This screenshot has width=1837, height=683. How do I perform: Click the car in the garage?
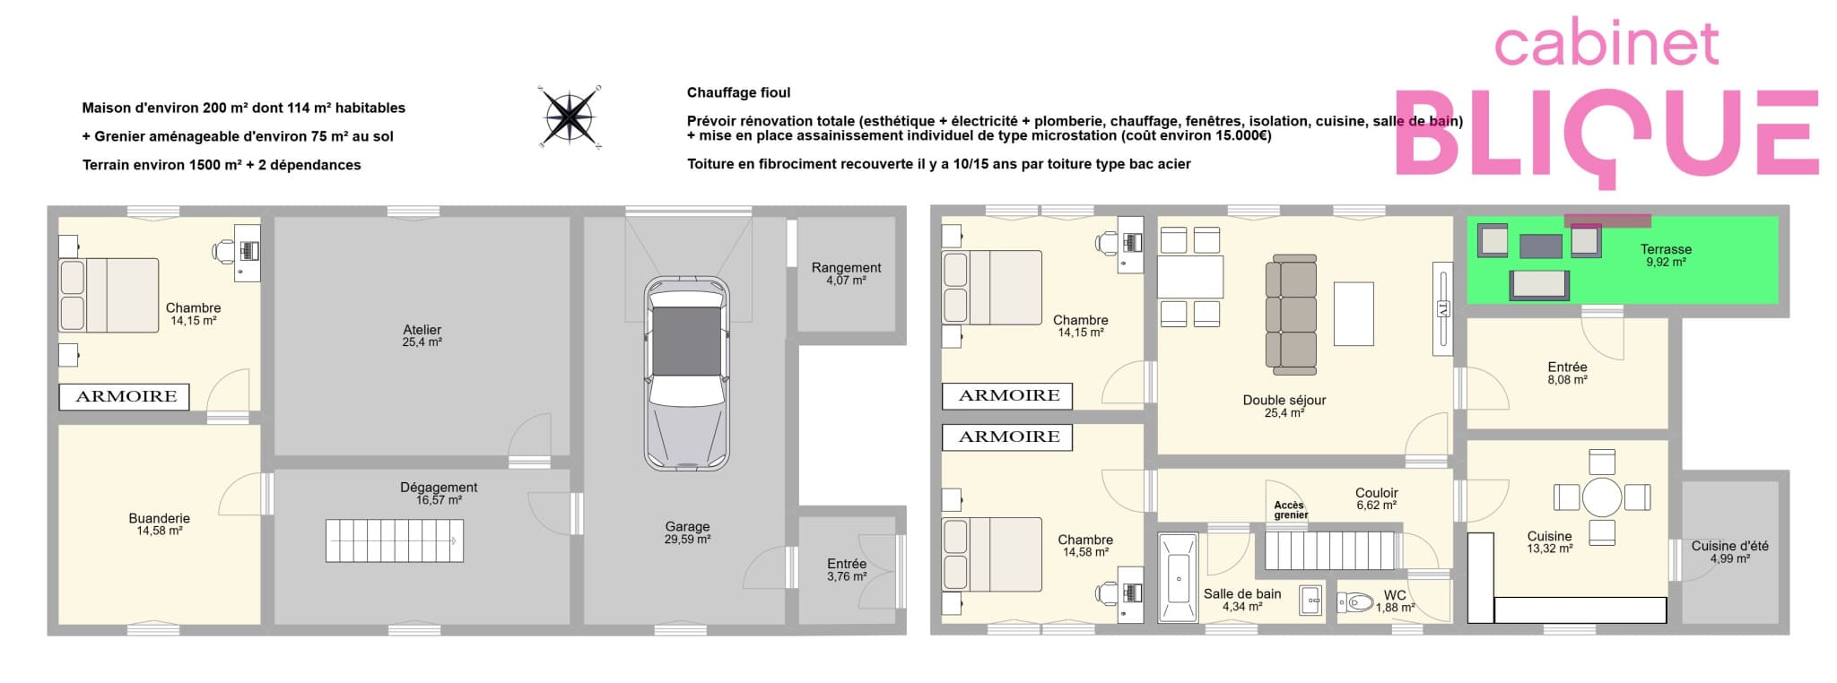click(687, 373)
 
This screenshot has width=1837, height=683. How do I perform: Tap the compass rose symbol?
click(570, 117)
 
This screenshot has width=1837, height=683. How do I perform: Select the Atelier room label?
click(422, 335)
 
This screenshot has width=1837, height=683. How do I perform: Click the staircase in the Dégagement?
click(395, 540)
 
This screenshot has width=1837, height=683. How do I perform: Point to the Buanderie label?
click(159, 524)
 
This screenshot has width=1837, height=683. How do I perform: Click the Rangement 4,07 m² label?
click(846, 273)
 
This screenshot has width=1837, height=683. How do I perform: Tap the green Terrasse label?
click(1666, 255)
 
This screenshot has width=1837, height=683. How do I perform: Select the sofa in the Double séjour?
click(1291, 314)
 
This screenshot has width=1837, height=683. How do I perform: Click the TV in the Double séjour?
click(1442, 309)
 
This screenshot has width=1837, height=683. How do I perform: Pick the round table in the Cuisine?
click(1602, 497)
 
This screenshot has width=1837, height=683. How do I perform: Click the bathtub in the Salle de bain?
click(1178, 577)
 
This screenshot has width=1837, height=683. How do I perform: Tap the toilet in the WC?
click(1356, 601)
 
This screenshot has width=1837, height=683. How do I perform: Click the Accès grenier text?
click(1291, 510)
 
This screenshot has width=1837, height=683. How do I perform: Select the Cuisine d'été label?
click(1729, 552)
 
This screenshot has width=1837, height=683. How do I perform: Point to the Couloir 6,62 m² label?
click(1376, 498)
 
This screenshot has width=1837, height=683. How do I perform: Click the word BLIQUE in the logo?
click(1606, 134)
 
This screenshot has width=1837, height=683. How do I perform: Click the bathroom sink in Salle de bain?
click(1311, 601)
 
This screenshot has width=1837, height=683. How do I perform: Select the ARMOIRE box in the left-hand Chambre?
click(125, 396)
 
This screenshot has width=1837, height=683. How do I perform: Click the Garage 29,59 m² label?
click(687, 533)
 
